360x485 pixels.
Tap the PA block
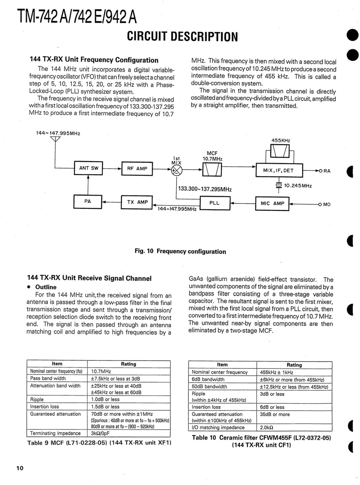[87, 201]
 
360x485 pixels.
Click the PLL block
[215, 203]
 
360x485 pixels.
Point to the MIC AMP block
[273, 203]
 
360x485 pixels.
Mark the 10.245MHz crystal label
[298, 185]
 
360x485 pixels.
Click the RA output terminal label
[326, 171]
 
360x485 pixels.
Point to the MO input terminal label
[326, 204]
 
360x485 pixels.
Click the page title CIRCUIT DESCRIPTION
[182, 37]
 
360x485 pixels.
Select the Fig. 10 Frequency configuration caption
[180, 251]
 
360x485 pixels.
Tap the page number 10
[20, 468]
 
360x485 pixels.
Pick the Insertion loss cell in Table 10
[207, 407]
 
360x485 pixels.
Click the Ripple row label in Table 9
[37, 400]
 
